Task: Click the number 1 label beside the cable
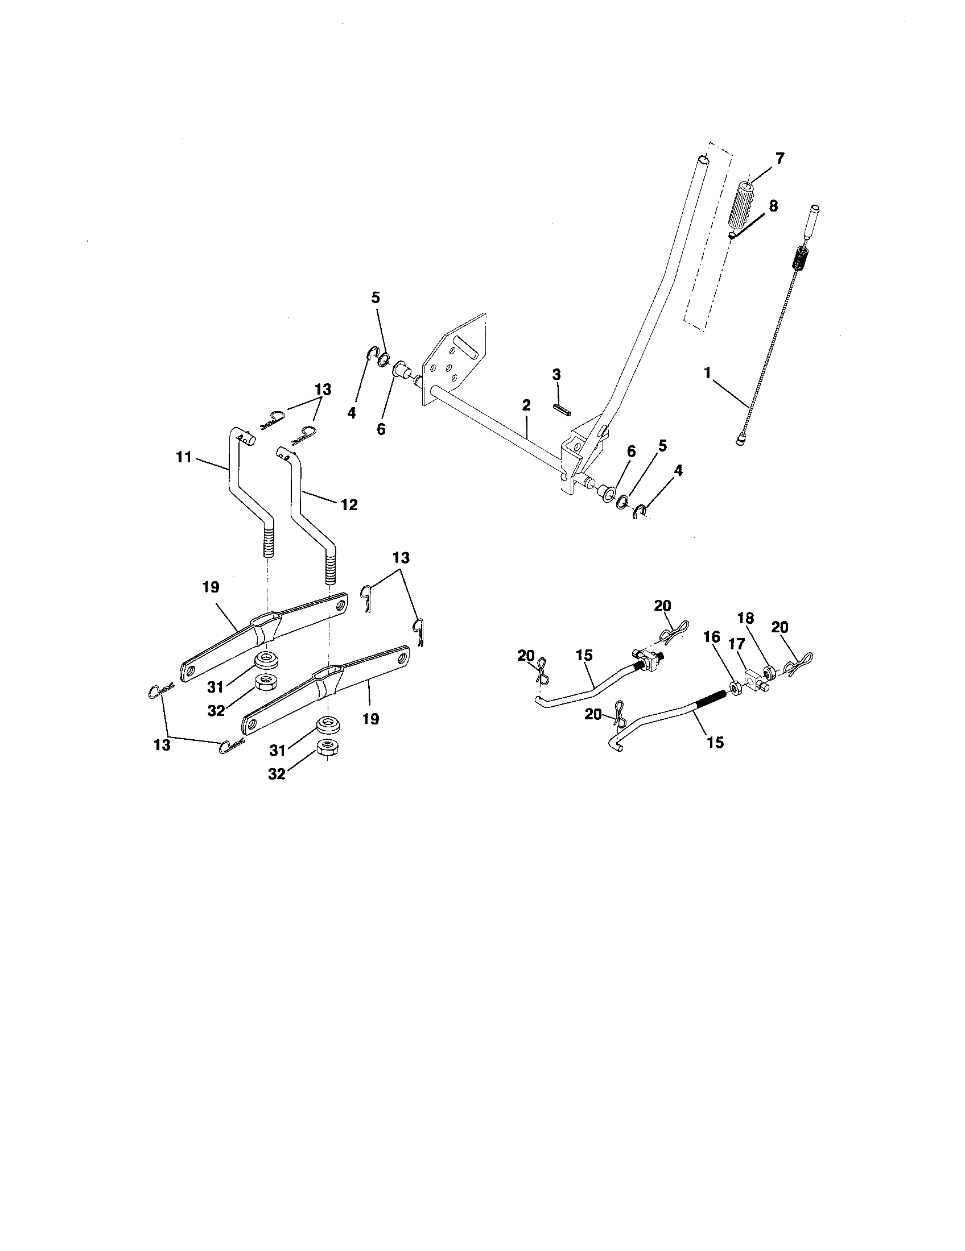click(707, 374)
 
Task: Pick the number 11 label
click(184, 458)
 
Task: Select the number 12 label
click(349, 504)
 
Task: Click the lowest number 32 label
click(276, 774)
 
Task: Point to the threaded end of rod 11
click(267, 542)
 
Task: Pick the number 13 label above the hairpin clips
click(323, 390)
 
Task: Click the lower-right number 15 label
click(716, 742)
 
